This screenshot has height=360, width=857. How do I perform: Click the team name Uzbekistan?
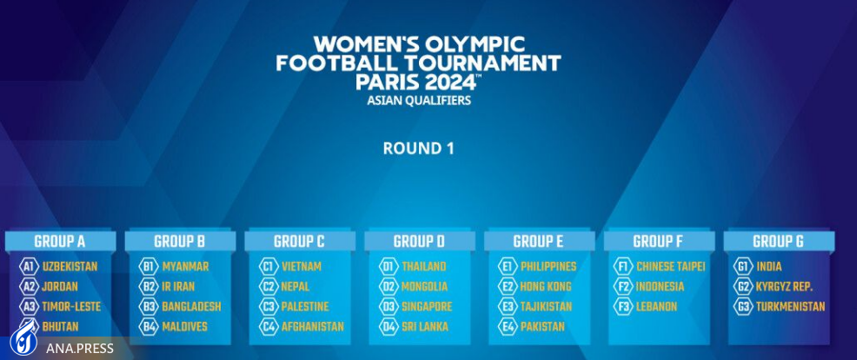[x=70, y=266]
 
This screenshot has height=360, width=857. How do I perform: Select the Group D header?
[x=419, y=241]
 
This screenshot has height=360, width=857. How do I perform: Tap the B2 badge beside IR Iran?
[x=148, y=287]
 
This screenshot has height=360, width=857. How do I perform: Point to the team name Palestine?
[x=305, y=307]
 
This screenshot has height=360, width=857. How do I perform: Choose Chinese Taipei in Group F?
[x=671, y=266]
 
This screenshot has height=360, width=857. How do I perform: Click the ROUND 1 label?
[x=419, y=149]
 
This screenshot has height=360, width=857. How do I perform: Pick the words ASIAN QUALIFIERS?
[x=419, y=101]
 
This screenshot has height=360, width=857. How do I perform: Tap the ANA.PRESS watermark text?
[x=80, y=348]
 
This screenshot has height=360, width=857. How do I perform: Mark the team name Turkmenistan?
[x=790, y=307]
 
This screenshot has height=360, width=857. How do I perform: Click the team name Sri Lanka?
[x=425, y=327]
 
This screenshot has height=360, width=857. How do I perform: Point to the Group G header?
[x=778, y=241]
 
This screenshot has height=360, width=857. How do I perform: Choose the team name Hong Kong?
[x=546, y=287]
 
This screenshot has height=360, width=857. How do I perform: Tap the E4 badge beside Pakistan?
[x=508, y=327]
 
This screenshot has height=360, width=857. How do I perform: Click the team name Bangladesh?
[x=191, y=307]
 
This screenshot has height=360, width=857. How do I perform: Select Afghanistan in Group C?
[x=313, y=327]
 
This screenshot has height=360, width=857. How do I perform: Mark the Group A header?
[x=60, y=241]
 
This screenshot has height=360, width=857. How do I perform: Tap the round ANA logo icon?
[x=23, y=342]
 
